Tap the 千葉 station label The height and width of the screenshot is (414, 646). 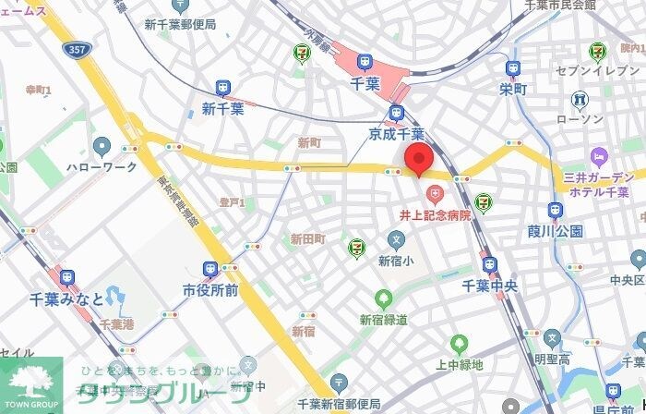coord(365,84)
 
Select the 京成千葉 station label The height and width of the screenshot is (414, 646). coord(397,135)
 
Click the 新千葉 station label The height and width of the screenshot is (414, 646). coord(221,109)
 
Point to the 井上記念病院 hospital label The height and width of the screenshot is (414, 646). coord(434,214)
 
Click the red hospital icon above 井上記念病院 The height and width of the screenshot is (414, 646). coord(434,194)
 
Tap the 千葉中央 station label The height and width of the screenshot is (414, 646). coord(489,286)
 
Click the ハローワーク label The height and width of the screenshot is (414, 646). coord(102,167)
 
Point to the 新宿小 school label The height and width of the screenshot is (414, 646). coord(397,262)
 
